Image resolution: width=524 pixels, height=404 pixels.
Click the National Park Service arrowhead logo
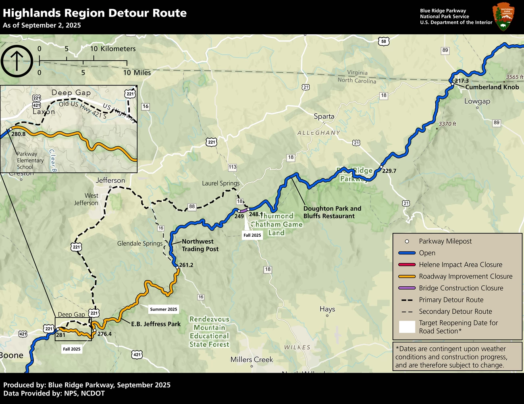[x=503, y=17]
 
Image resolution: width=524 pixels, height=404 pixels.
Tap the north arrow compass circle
[x=17, y=61]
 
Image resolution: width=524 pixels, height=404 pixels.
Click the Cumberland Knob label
[x=492, y=87]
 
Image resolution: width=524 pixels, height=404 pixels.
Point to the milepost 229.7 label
[x=389, y=171]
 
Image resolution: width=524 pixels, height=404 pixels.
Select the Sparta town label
[x=324, y=117]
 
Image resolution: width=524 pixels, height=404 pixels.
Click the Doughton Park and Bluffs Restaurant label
[x=332, y=212]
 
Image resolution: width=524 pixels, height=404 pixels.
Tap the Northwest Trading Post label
[x=200, y=245]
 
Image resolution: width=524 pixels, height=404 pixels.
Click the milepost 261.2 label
[x=186, y=265]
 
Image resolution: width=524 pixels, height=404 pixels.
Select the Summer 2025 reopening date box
[x=164, y=309]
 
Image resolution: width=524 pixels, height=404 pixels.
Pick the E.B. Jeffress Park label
[x=156, y=324]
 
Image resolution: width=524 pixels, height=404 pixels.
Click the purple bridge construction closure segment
[x=243, y=210]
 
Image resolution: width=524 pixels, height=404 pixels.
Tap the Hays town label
[x=327, y=309]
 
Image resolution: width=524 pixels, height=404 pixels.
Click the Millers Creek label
[x=252, y=360]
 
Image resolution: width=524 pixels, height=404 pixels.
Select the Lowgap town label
[x=477, y=101]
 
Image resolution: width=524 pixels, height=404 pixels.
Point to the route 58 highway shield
[x=383, y=41]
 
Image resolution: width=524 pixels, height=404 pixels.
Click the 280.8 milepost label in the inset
[x=19, y=134]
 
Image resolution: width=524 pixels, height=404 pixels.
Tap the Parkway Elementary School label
[x=30, y=160]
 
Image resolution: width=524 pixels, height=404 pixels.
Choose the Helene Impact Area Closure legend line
[x=407, y=264]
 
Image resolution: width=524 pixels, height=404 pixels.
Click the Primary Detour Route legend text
[x=451, y=300]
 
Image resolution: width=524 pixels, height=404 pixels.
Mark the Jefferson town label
[x=110, y=181]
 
